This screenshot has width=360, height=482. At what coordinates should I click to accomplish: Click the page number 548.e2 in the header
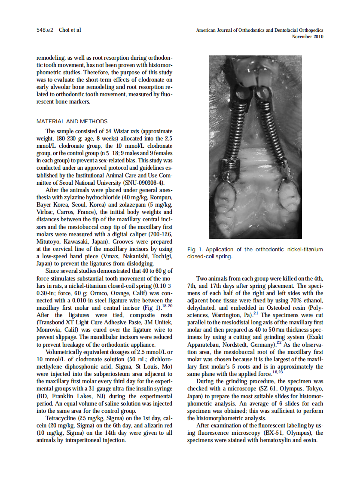(x=44, y=30)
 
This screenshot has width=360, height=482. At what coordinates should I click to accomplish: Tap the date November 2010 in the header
(x=307, y=37)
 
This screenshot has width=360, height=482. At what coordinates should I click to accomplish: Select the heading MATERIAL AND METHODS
(x=72, y=122)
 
